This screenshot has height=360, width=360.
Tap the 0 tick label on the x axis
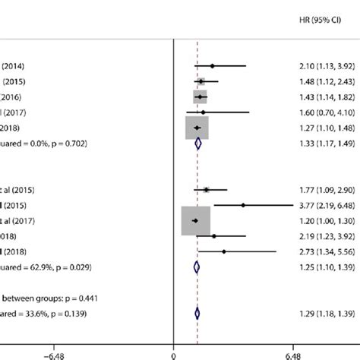(x=174, y=353)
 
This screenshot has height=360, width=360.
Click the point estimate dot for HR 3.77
(x=243, y=204)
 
